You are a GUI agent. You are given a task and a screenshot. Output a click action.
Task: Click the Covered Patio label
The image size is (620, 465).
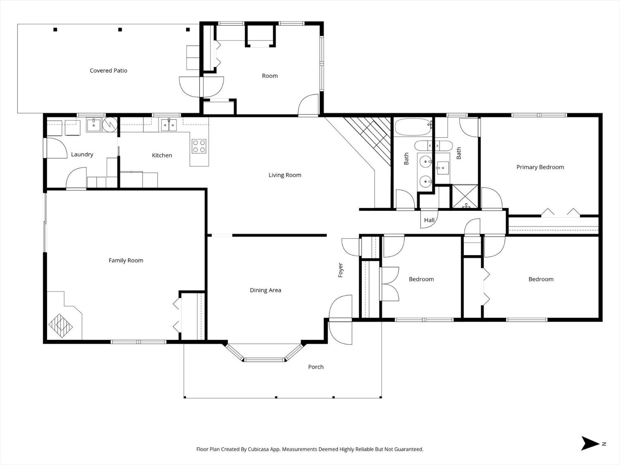pos(108,71)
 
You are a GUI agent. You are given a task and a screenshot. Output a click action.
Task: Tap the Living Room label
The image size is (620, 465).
pos(285,175)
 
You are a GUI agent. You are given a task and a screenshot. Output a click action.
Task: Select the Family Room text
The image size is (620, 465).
pos(126,260)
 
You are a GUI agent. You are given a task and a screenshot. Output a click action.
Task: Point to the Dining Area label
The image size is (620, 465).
pos(265,290)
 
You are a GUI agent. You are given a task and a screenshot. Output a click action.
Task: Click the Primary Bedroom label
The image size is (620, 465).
pos(540,167)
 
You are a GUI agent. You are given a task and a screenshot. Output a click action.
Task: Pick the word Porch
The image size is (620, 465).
pos(316,367)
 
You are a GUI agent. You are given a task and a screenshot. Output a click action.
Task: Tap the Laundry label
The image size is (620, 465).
pos(82,155)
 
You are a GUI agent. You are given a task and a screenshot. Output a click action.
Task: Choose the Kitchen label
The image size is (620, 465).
pos(162,155)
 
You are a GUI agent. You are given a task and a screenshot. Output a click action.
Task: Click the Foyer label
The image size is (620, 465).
pos(341,270)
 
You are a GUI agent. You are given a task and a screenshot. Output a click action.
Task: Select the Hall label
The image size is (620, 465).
pos(429,220)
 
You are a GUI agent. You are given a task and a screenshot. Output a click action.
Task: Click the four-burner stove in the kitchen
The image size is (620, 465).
pos(199,146)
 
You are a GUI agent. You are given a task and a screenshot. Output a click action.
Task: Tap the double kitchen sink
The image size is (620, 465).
pos(169,125)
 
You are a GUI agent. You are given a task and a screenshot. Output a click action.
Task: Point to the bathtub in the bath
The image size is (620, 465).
pos(413,127)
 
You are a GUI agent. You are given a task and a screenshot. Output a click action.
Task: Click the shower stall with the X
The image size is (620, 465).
pos(465,196)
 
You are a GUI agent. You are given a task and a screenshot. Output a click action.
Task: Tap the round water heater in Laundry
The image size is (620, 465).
pos(110,124)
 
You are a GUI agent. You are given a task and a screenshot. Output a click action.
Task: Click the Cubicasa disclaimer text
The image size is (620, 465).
pos(310,449)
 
